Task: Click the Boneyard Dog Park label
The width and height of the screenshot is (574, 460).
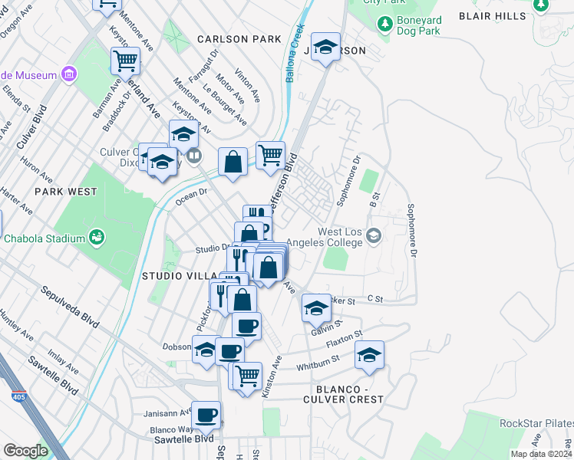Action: pos(419,25)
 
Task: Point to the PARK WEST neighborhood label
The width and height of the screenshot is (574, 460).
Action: pos(65,191)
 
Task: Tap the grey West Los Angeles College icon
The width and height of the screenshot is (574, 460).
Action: pos(374,234)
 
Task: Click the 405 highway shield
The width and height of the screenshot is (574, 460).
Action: pos(17,397)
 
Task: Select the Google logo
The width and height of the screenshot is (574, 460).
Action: pos(25,450)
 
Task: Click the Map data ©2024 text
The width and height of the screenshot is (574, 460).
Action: pos(542,454)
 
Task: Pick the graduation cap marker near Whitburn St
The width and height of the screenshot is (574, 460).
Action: pos(369,355)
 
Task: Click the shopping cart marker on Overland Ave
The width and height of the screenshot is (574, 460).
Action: pos(125,61)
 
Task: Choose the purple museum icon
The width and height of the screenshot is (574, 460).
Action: pos(69,75)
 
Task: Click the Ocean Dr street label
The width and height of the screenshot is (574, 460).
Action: pos(192,195)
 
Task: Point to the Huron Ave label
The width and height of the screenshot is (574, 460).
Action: pos(36,168)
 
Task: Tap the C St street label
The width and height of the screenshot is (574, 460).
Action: pos(374,298)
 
